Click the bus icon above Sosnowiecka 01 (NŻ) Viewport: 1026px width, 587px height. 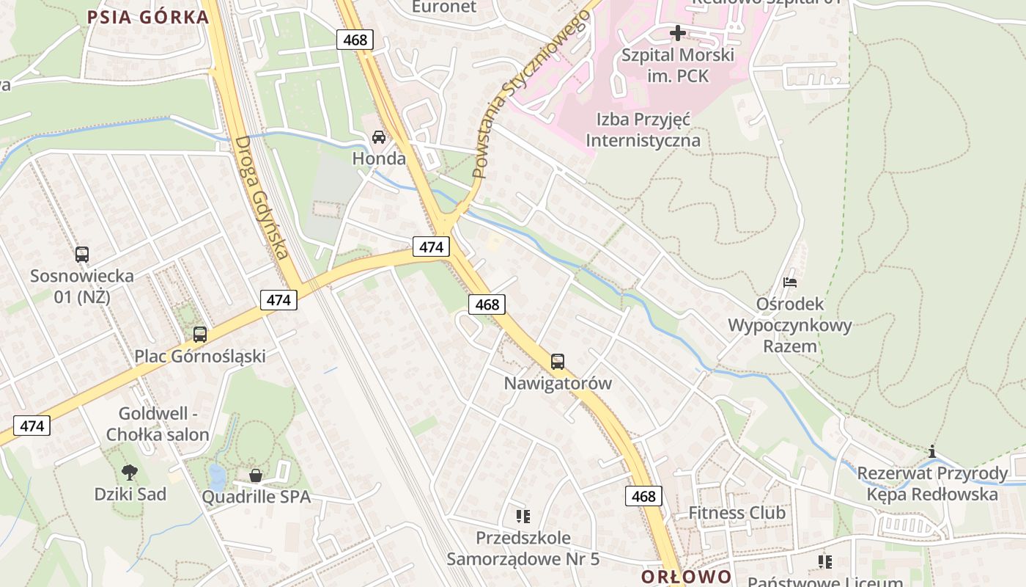82,255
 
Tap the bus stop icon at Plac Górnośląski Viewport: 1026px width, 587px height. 199,335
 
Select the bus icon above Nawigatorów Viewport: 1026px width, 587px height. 558,361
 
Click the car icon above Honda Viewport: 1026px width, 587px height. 379,136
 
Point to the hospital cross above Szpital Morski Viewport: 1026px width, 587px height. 678,33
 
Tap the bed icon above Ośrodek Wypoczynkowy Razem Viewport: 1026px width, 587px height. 789,282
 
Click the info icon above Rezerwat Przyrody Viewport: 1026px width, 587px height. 932,451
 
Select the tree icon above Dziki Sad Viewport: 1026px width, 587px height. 130,472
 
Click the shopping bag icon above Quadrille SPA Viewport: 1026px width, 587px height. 256,475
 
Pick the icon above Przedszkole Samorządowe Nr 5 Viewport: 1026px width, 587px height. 523,517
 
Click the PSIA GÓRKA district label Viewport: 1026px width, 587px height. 149,17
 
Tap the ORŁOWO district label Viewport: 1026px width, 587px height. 686,576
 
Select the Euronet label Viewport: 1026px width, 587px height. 444,7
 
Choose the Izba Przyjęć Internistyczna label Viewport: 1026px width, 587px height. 643,130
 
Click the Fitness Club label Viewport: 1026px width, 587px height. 737,513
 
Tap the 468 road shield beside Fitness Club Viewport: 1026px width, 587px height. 643,496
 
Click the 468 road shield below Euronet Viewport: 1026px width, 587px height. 355,40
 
